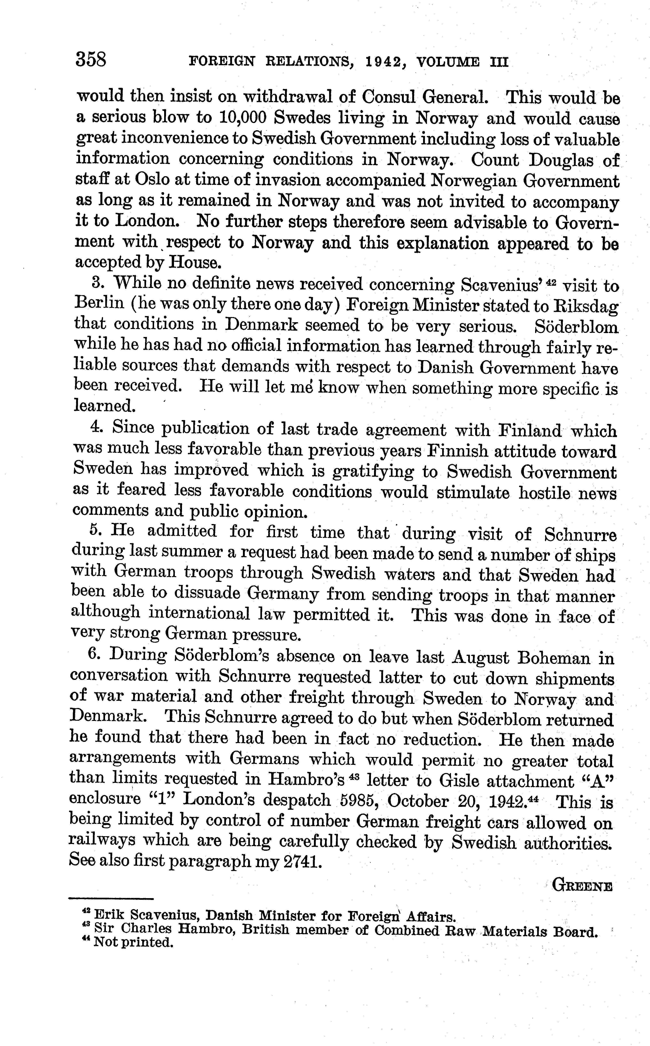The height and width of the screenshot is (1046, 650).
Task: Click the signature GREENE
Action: pyautogui.click(x=582, y=886)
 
